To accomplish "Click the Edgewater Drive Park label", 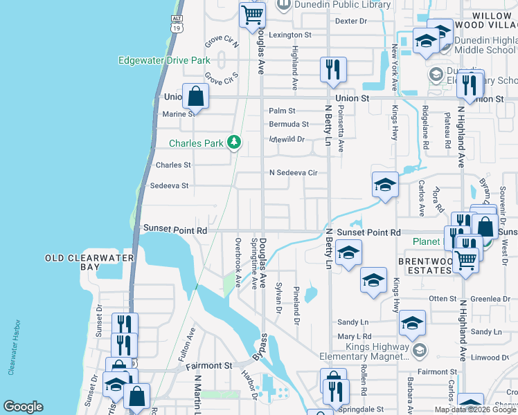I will (164, 60).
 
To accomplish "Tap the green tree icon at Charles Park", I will (235, 142).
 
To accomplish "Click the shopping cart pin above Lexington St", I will (253, 15).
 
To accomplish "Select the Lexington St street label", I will (290, 35).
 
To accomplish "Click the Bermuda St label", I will (289, 124).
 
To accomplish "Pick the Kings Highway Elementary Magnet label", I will (364, 351).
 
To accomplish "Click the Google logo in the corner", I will (23, 407).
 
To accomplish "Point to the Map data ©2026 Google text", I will (475, 409).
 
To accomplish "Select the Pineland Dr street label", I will (296, 305).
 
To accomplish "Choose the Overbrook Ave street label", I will (238, 263).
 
